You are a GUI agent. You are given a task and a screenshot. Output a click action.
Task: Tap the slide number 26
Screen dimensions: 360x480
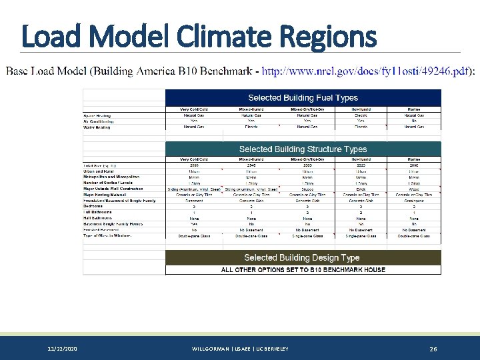click(433, 349)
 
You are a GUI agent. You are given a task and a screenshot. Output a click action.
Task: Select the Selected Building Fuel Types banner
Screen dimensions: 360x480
click(303, 98)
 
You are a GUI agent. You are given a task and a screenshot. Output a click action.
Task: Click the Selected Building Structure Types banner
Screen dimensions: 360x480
click(303, 149)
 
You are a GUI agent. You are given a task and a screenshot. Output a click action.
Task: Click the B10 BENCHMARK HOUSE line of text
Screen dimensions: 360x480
click(303, 270)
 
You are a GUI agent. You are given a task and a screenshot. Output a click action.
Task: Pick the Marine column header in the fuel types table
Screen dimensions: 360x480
click(413, 109)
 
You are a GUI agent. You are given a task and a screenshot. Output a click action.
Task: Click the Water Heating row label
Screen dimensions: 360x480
click(98, 127)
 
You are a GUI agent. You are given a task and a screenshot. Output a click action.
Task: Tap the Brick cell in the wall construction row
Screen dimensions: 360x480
click(361, 189)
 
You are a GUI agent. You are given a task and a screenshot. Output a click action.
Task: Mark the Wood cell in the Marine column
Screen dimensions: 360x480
click(413, 189)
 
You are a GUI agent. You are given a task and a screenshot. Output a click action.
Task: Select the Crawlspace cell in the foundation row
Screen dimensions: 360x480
click(413, 201)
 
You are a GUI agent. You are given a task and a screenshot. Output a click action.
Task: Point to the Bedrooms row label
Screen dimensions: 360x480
click(93, 206)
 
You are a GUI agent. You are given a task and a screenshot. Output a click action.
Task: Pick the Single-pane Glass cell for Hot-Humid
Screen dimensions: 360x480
click(361, 236)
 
